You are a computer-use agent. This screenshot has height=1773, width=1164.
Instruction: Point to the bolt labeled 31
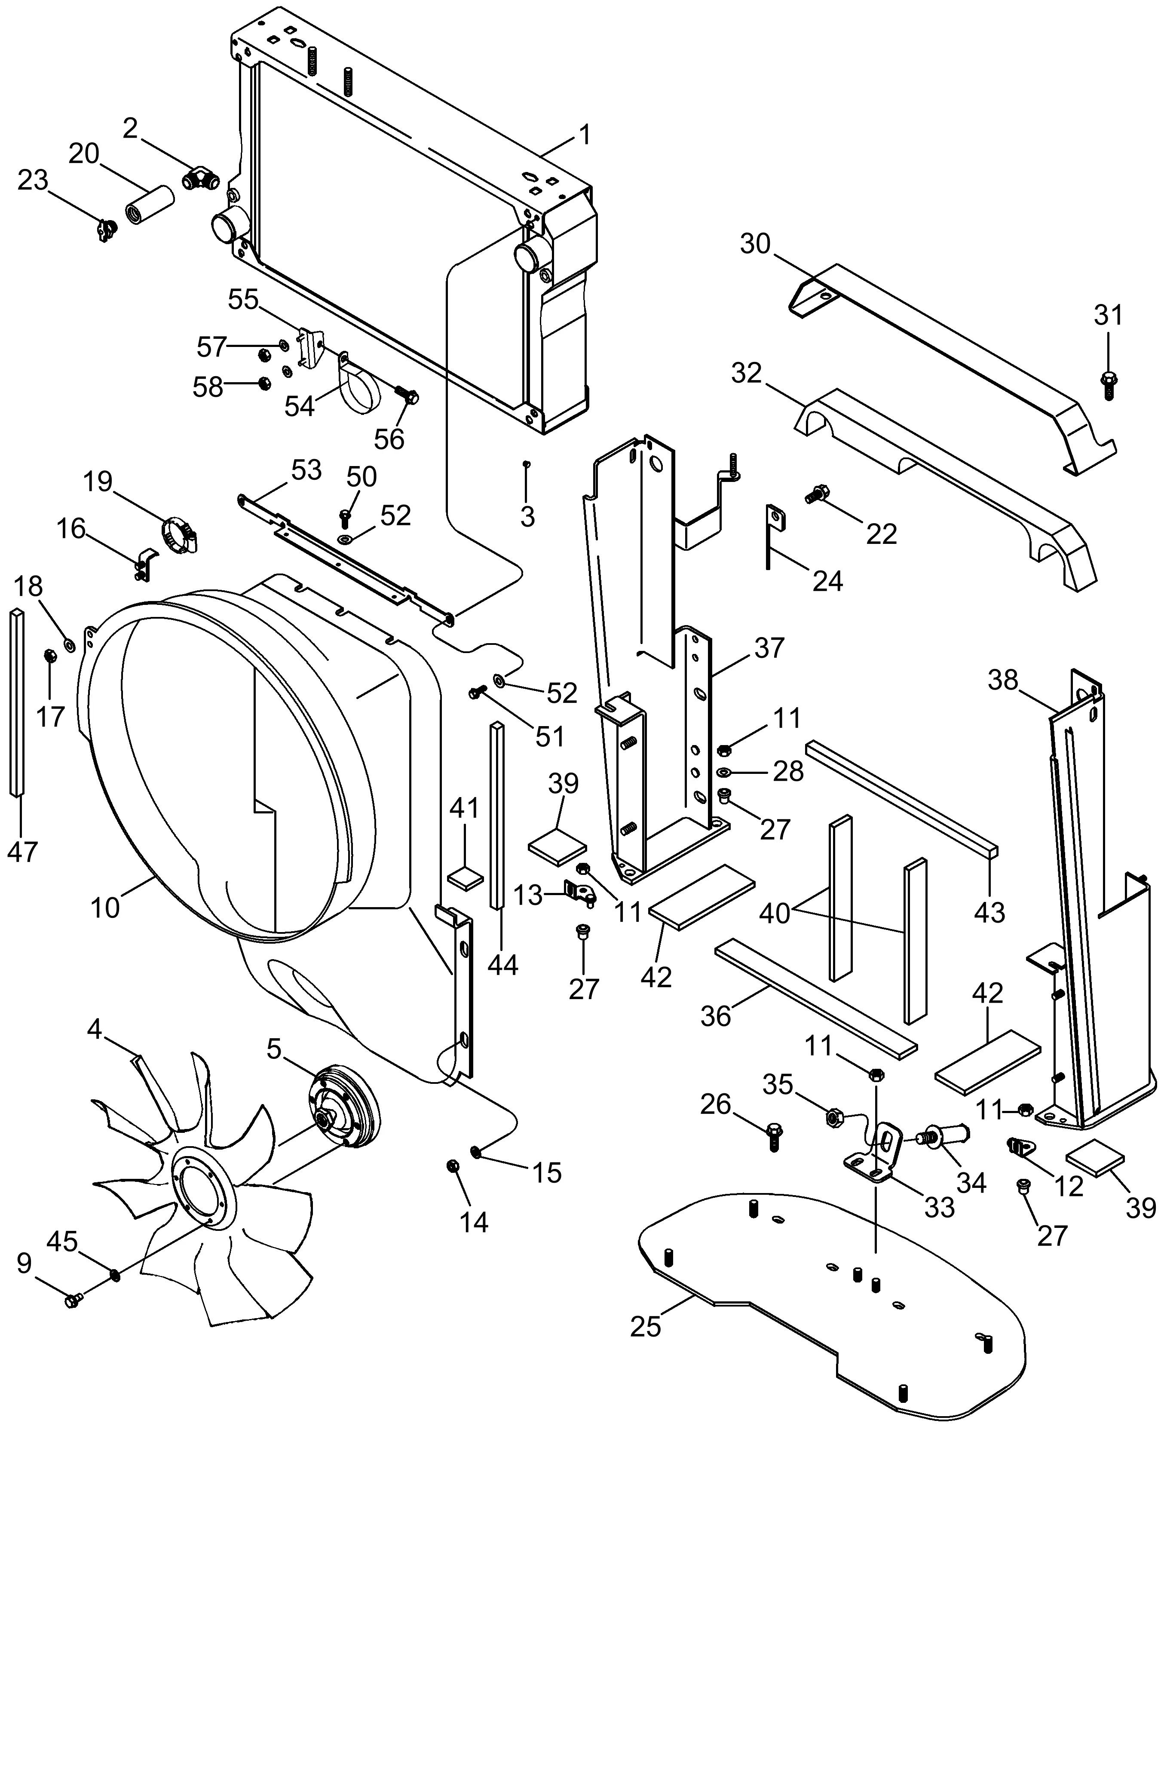tap(1107, 383)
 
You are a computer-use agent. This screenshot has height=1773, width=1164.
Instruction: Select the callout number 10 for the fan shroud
tap(105, 908)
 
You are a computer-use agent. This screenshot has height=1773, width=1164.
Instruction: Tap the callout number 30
tap(755, 244)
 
